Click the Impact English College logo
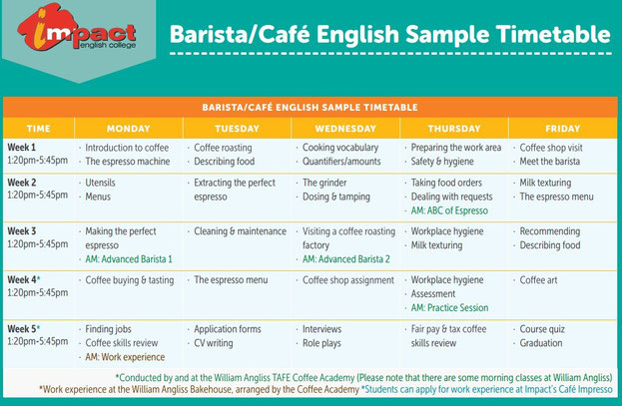pyautogui.click(x=77, y=29)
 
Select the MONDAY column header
pyautogui.click(x=129, y=129)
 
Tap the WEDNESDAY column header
pyautogui.click(x=345, y=129)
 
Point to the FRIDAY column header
pyautogui.click(x=562, y=129)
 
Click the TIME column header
pyautogui.click(x=39, y=129)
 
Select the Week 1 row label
pyautogui.click(x=21, y=147)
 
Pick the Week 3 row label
pyautogui.click(x=21, y=230)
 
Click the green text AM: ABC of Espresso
pyautogui.click(x=449, y=210)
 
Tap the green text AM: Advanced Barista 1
pyautogui.click(x=129, y=259)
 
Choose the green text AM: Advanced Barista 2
pyautogui.click(x=346, y=259)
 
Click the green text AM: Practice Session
pyautogui.click(x=449, y=307)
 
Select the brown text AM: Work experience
pyautogui.click(x=125, y=357)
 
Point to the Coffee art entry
pyautogui.click(x=538, y=280)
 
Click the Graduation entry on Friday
pyautogui.click(x=541, y=343)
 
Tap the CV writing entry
pyautogui.click(x=214, y=343)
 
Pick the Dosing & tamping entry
pyautogui.click(x=336, y=197)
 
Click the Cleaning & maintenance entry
pyautogui.click(x=240, y=231)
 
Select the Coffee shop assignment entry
pyautogui.click(x=348, y=280)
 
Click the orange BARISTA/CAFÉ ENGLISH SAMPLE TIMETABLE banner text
pyautogui.click(x=310, y=108)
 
